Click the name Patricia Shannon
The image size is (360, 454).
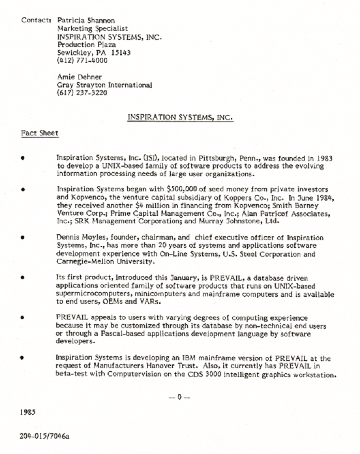coord(79,21)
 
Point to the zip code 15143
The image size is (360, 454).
coord(120,53)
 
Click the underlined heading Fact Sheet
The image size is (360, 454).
coord(40,133)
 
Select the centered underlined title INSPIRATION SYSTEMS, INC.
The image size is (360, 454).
coord(180,117)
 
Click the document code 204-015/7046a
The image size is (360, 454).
coord(45,436)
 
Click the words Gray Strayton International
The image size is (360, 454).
coord(105,85)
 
